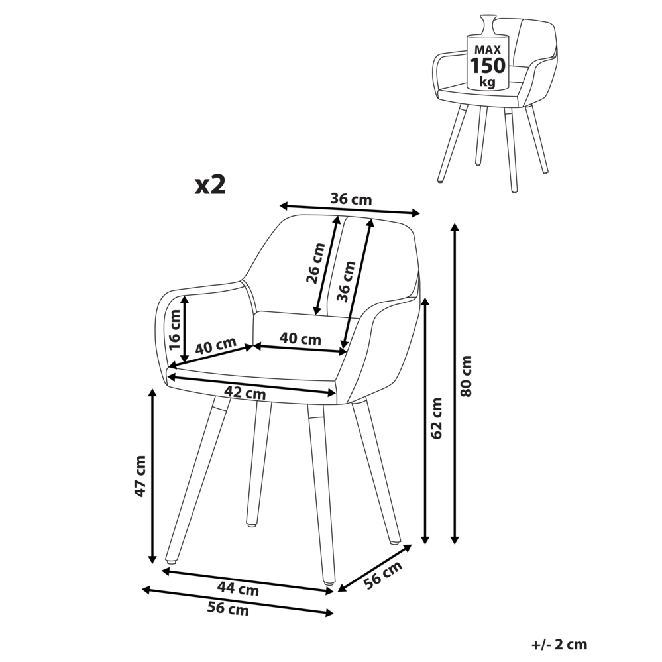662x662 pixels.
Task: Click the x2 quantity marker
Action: [x=210, y=184]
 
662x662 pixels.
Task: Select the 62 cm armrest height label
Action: [x=436, y=417]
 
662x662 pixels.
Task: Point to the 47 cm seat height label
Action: [x=140, y=476]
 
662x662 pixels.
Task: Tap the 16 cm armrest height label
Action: [x=174, y=330]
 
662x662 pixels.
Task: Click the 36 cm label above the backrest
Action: [x=351, y=199]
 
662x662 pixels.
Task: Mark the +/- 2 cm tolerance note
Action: [x=559, y=643]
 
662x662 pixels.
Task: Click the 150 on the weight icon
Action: [x=488, y=65]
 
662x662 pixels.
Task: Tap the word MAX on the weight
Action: [x=488, y=50]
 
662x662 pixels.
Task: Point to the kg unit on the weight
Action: [x=488, y=82]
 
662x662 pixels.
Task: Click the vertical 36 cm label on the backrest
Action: [x=346, y=280]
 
